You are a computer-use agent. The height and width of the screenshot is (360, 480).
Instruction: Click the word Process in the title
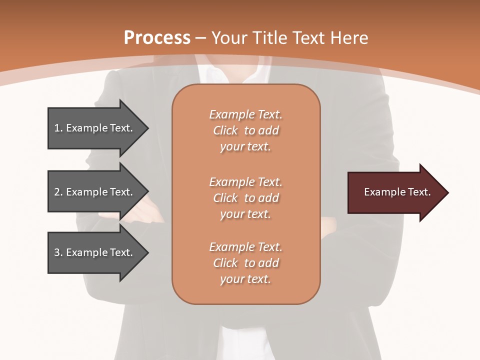coord(157,37)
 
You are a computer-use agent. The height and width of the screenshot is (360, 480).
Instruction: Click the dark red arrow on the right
coord(395,192)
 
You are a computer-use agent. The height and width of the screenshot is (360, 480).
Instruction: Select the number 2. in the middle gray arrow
coord(58,192)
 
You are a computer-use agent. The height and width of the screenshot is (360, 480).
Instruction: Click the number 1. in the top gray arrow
coord(58,128)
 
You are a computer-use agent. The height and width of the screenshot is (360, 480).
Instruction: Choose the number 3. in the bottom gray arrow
coord(58,252)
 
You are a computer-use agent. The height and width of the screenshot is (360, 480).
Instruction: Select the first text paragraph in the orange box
coord(245,130)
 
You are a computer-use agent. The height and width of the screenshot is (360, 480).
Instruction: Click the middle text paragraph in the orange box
coord(245,198)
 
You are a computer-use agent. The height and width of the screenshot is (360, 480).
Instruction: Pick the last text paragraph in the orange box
coord(245,263)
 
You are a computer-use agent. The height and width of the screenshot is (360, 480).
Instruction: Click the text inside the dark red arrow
coord(397,192)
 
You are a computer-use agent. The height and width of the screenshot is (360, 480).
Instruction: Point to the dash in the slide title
coord(201,38)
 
